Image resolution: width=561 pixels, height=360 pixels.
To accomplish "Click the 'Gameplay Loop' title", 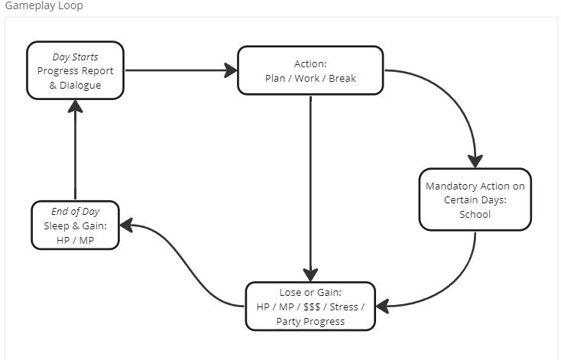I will (44, 6).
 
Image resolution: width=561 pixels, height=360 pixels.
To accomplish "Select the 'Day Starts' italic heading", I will (75, 57).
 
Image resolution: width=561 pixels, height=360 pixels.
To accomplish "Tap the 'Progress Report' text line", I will (75, 71).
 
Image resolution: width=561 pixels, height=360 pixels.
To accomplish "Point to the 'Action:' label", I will (310, 63).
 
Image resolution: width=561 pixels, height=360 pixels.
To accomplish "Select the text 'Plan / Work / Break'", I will (310, 78).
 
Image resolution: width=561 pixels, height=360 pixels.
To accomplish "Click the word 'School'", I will (475, 214).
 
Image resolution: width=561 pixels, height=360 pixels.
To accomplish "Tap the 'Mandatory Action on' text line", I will (475, 186).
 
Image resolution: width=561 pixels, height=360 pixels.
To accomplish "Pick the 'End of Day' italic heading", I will (75, 212).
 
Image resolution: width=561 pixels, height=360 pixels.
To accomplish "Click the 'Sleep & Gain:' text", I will (75, 225).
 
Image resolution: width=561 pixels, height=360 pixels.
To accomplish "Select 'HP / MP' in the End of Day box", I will (75, 240).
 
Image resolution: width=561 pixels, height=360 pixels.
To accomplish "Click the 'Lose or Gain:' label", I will (310, 292).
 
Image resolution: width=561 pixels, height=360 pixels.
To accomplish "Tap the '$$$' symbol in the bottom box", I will (311, 306).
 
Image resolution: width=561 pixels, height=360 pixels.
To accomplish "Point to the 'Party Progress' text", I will (310, 321).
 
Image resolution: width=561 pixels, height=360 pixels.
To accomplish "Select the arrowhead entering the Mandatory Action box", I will (475, 161).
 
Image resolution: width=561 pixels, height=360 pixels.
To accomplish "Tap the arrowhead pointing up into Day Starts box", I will (75, 107).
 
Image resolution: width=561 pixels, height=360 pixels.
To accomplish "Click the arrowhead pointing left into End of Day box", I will (126, 225).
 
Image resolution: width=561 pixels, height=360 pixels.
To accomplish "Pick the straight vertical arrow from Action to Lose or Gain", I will (310, 183).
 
